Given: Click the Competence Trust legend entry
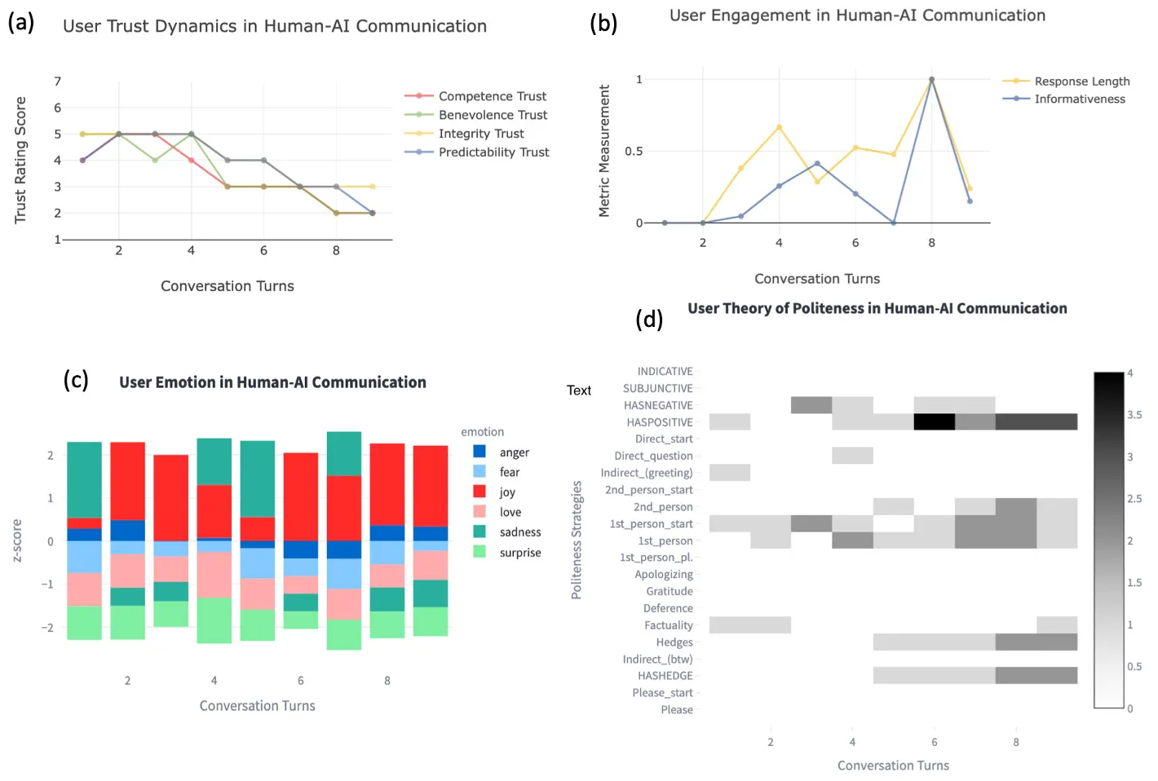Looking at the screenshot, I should [492, 96].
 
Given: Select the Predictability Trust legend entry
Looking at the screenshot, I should [493, 152].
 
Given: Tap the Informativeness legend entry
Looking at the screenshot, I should [1079, 99].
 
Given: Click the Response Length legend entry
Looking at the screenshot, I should [1081, 82].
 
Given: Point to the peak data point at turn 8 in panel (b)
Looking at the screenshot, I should [931, 80].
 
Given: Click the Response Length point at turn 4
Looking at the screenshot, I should [779, 127].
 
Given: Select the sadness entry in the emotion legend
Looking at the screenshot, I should [519, 532].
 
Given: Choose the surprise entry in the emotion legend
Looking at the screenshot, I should [519, 553].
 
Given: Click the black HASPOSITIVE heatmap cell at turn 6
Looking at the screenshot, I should [934, 421].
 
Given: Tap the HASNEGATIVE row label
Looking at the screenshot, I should [658, 405].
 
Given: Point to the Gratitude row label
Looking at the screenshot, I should [670, 592].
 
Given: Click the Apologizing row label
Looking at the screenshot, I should [664, 575].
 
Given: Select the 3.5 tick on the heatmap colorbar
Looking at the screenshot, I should [1134, 415].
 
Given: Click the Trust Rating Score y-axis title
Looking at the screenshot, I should [20, 161].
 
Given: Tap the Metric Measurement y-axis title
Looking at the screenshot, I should [604, 151].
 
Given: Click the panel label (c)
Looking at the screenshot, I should [76, 380].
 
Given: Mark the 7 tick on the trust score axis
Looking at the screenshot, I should [58, 82].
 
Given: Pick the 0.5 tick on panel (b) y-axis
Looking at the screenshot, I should [634, 152].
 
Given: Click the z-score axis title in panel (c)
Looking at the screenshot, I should [17, 541].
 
